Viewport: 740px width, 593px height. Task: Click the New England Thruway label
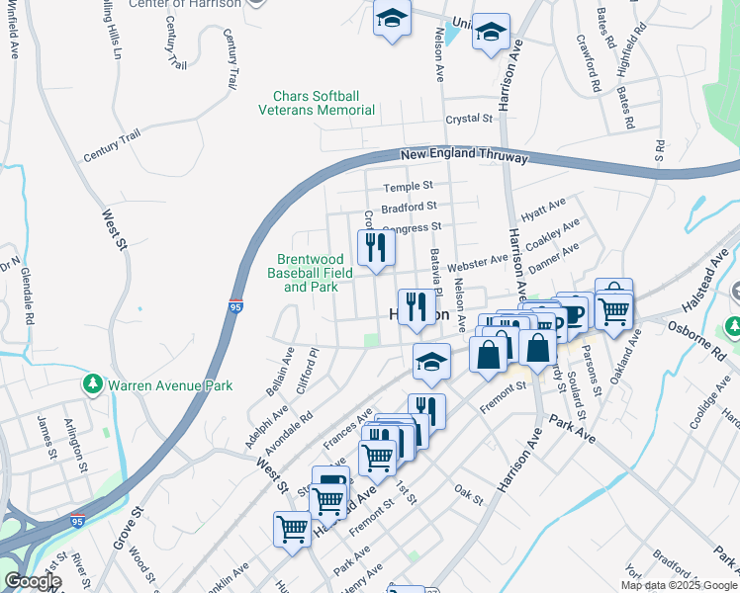tap(464, 156)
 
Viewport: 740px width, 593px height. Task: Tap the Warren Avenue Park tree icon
tap(94, 383)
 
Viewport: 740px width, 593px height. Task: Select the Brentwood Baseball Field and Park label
tap(311, 274)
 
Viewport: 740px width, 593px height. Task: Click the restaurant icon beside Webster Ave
tap(375, 247)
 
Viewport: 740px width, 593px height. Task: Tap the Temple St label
tap(409, 186)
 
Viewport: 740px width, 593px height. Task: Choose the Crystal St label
tap(469, 119)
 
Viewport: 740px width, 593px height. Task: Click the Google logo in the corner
tap(33, 581)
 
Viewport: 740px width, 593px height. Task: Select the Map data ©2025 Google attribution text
tap(679, 585)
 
